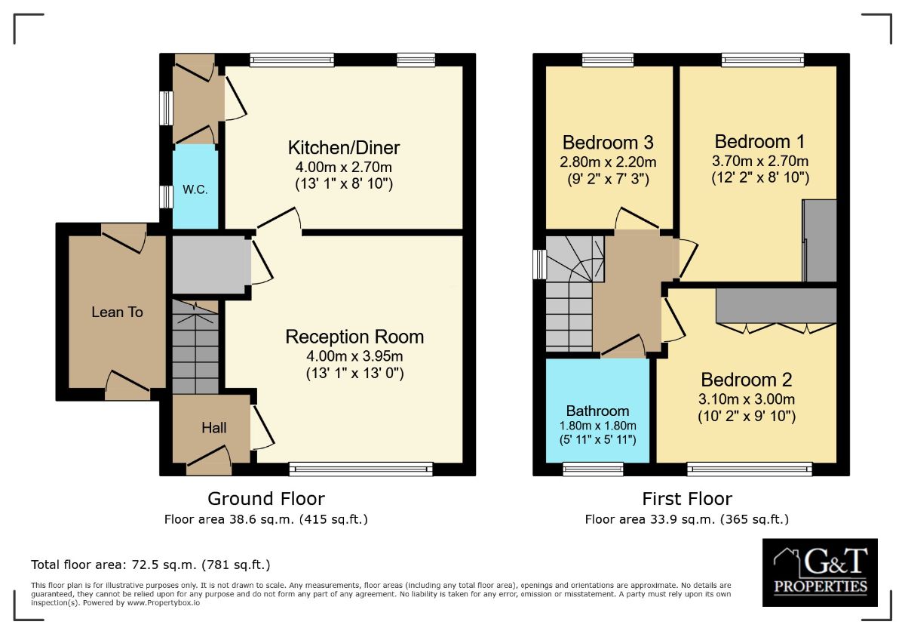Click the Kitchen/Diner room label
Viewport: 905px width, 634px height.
coord(343,147)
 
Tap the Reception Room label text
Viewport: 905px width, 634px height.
coord(354,337)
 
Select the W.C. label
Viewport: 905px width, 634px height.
coord(195,190)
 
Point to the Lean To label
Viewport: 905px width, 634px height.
coord(117,312)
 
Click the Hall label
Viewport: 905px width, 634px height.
coord(213,428)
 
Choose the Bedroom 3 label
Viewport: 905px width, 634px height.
coord(608,143)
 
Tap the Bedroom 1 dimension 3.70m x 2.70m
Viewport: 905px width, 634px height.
coord(760,161)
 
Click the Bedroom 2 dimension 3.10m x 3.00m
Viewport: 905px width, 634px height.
coord(747,399)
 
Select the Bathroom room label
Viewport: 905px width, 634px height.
coord(597,411)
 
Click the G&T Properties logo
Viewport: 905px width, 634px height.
coord(820,571)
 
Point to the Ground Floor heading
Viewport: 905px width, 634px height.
coord(266,499)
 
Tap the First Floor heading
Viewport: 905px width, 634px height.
coord(687,499)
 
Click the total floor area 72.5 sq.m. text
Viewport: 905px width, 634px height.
coord(150,565)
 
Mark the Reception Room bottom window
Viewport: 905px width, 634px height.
coord(361,469)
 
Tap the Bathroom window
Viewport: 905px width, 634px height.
coord(593,469)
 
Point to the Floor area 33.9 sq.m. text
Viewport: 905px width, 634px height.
coord(686,519)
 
